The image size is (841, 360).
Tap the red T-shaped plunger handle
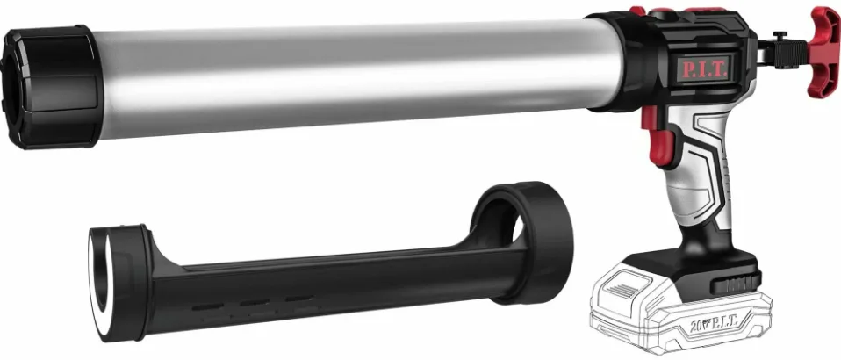(824, 51)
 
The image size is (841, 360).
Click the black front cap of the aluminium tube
(50, 86)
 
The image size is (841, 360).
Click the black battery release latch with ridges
(736, 282)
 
